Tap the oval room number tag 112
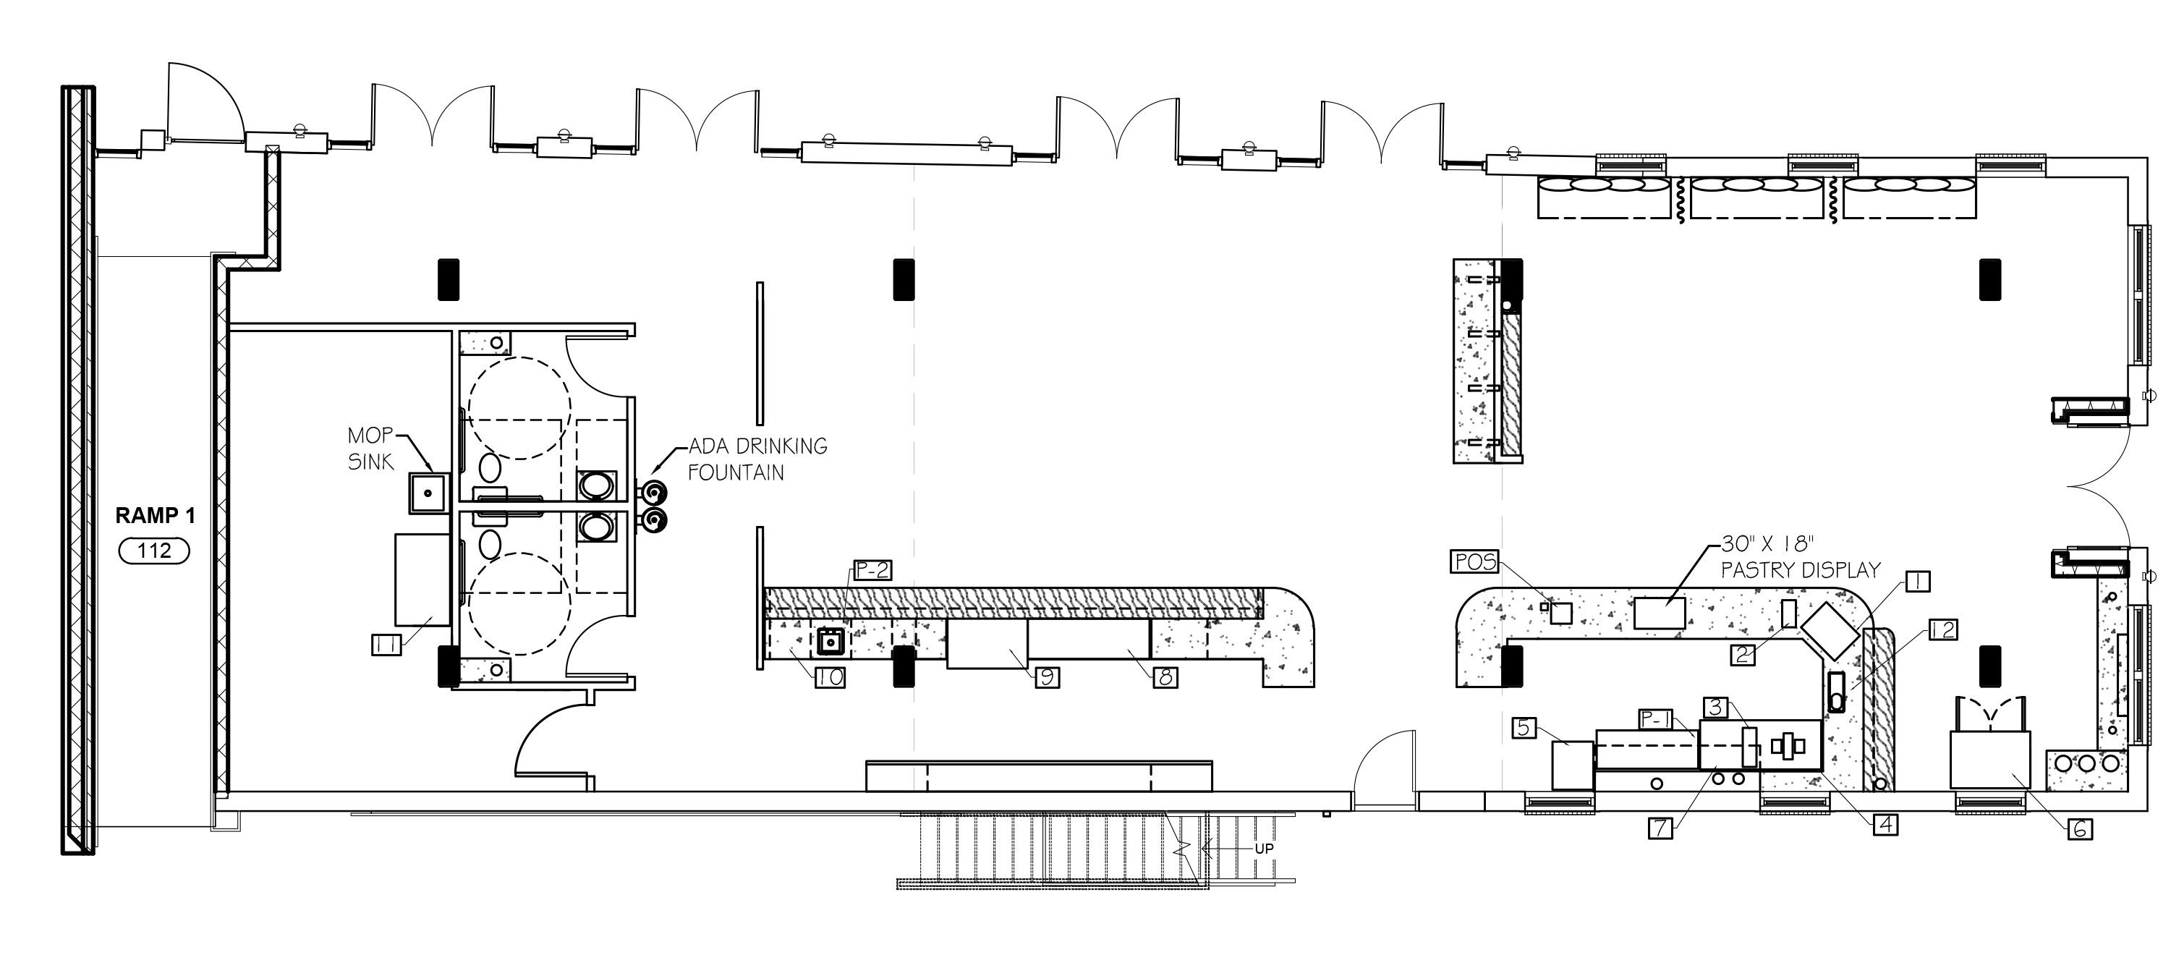[154, 551]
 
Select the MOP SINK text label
[371, 449]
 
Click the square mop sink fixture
[428, 492]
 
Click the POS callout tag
[1474, 561]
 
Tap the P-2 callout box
[872, 570]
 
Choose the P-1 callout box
[1655, 718]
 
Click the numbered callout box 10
[830, 676]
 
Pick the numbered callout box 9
[1047, 676]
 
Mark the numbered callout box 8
[1165, 676]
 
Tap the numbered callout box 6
[2079, 830]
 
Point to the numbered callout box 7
[1660, 828]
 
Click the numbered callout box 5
[1524, 727]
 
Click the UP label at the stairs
[1263, 849]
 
